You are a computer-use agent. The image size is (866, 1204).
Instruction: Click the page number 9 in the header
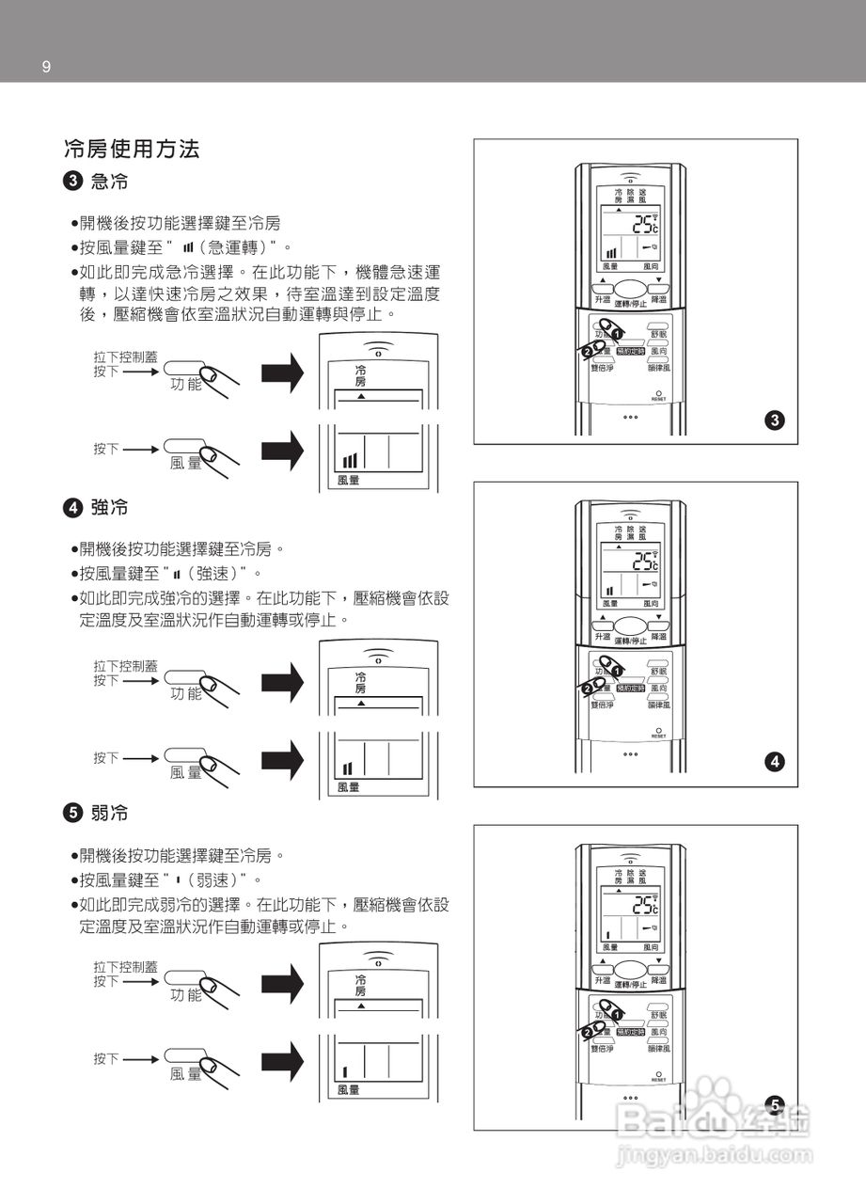coord(46,66)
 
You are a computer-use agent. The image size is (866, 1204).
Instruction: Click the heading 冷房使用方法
coord(131,149)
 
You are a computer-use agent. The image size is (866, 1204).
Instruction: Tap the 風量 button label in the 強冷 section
coord(186,772)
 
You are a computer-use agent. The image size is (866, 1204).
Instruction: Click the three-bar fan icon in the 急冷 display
coord(350,460)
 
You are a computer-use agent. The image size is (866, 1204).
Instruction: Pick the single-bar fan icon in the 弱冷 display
coord(345,1070)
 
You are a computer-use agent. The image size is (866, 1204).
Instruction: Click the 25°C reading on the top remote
coord(645,224)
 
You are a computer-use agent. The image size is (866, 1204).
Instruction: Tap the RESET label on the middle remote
coord(658,737)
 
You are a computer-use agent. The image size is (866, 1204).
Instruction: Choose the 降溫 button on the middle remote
coord(658,637)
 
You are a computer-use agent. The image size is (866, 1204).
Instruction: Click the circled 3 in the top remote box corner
coord(775,420)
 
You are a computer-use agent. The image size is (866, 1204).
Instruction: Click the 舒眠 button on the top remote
coord(658,334)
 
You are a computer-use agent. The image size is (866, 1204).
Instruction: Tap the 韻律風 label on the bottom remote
coord(658,1048)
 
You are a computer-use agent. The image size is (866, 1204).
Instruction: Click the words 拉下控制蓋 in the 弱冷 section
coord(125,967)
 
